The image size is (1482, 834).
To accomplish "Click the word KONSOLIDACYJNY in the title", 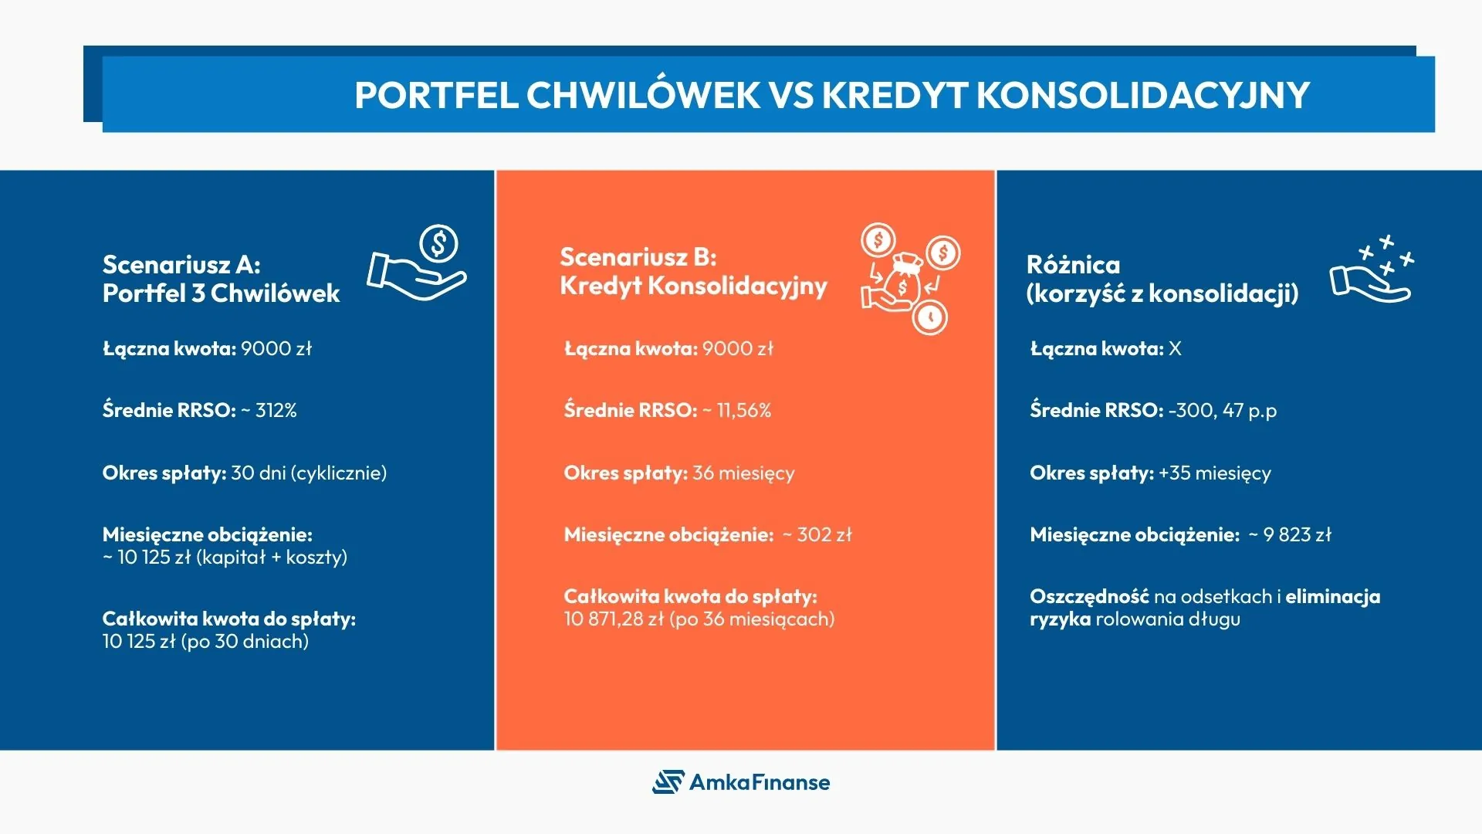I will click(1142, 96).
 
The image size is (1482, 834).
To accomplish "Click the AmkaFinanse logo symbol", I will click(668, 781).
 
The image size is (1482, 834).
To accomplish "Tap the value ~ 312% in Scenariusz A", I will click(269, 410).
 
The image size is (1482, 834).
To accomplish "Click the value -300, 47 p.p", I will click(1223, 410).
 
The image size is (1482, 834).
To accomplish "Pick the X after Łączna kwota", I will click(1175, 348).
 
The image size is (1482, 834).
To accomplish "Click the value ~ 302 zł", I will click(817, 534).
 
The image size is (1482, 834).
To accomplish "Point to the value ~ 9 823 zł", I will click(1290, 534).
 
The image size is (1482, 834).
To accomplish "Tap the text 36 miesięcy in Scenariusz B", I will click(743, 473).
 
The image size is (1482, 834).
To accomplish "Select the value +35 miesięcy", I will click(1214, 473).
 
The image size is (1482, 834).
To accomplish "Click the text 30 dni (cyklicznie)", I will click(309, 473).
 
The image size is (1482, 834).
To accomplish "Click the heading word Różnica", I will click(1073, 265).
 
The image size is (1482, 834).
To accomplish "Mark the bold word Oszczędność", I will click(1089, 596).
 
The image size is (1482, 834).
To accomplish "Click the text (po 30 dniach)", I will click(245, 642).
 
